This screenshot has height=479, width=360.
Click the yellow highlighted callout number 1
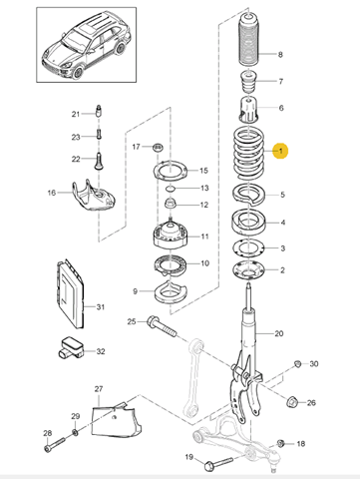click(280, 151)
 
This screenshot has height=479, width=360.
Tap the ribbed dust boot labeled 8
click(249, 41)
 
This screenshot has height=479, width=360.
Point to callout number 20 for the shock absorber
click(278, 333)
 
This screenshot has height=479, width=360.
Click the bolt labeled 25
click(161, 326)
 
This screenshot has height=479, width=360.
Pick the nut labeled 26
click(291, 402)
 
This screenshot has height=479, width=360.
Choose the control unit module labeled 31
click(70, 294)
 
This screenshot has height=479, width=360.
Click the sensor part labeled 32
click(71, 348)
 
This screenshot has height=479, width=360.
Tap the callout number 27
click(99, 388)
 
